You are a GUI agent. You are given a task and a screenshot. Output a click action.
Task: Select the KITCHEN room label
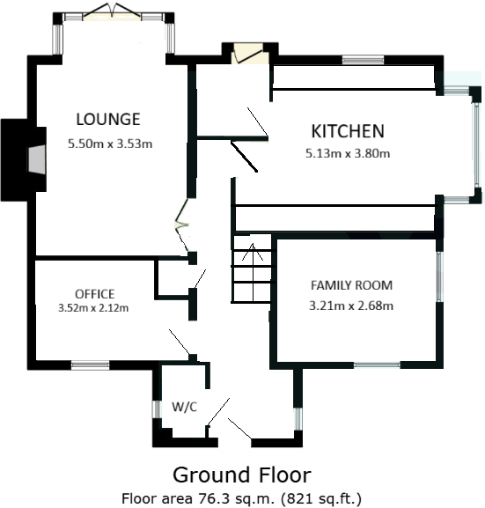tap(348, 131)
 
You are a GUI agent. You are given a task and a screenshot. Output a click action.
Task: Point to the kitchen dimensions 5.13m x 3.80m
tap(349, 153)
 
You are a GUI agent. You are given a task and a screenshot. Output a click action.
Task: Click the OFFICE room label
tap(94, 293)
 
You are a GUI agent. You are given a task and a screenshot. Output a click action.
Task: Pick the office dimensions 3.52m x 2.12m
tap(93, 308)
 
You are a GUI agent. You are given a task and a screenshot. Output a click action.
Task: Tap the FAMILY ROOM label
tap(351, 285)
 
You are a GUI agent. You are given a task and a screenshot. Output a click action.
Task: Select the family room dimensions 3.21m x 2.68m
tap(351, 306)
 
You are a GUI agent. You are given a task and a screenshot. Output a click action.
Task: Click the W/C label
tap(184, 407)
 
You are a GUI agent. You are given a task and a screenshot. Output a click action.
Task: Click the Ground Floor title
tap(241, 475)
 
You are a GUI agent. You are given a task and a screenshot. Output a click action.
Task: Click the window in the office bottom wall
tap(90, 364)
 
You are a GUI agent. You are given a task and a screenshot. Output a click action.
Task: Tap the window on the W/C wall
tap(155, 410)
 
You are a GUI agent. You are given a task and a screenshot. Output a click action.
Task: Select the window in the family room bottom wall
tap(377, 364)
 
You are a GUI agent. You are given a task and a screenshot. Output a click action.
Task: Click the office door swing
tap(180, 342)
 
